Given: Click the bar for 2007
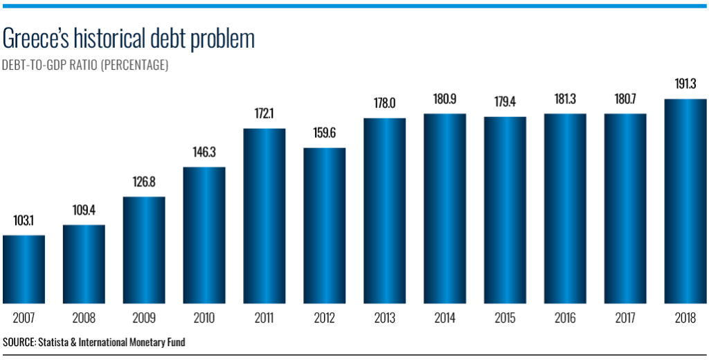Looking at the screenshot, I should [24, 269].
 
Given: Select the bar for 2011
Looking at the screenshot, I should [264, 215].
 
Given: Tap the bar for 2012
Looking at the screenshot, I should [325, 225].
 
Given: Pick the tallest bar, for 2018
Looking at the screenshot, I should [685, 201].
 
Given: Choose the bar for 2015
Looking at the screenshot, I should [505, 210].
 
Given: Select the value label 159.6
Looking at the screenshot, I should [325, 134].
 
